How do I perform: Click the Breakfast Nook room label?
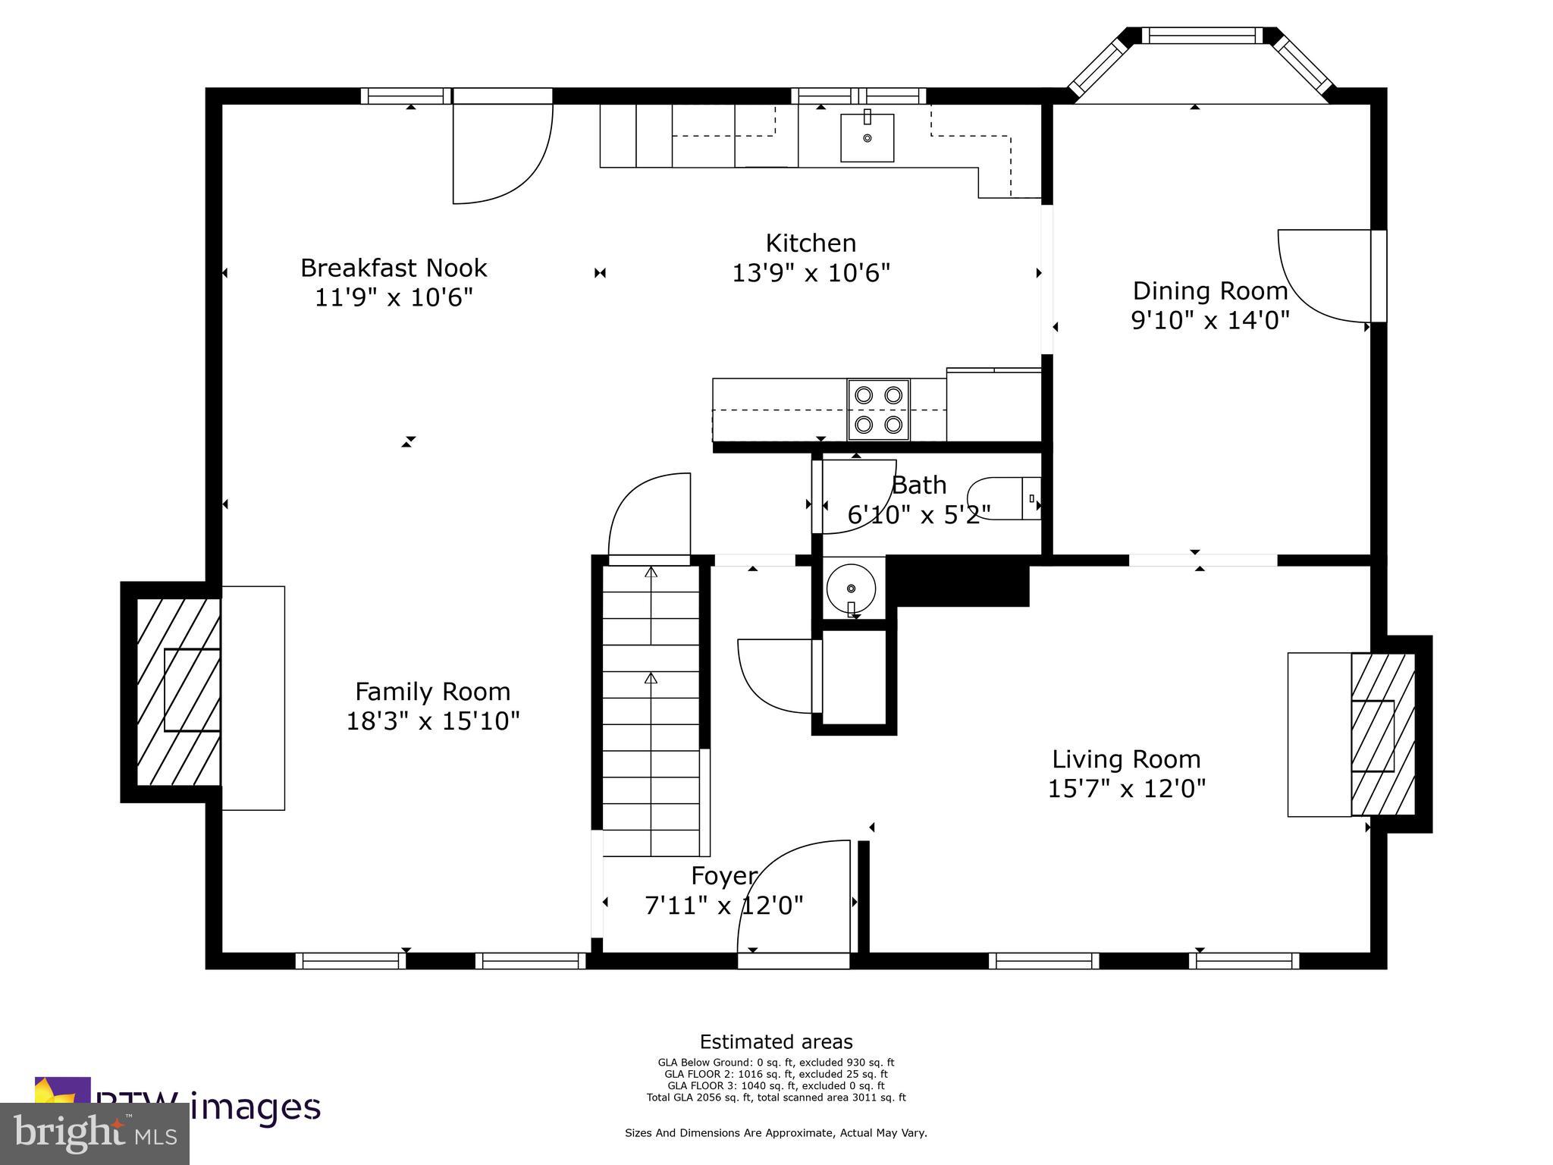(x=393, y=268)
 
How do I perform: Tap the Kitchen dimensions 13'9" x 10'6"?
(x=810, y=273)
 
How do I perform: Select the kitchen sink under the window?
(x=867, y=138)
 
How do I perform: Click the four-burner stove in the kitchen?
(x=878, y=410)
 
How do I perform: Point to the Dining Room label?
(x=1209, y=290)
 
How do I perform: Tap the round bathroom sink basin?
(x=851, y=588)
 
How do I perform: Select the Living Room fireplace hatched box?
(x=1382, y=734)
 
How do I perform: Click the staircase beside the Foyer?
(x=651, y=713)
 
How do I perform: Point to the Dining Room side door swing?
(x=1323, y=277)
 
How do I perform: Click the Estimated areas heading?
(x=776, y=1041)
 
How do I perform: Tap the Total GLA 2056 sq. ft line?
(x=776, y=1097)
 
